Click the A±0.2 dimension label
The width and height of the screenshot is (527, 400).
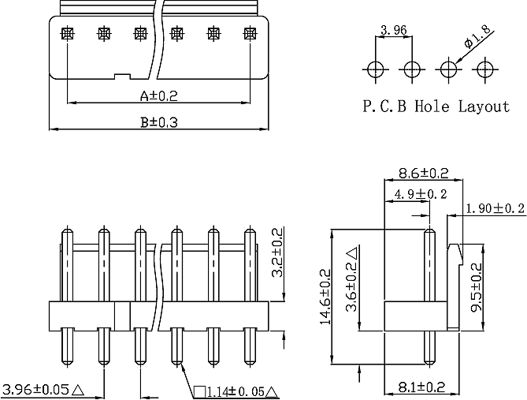[158, 96]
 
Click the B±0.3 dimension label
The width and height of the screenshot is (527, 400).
[158, 121]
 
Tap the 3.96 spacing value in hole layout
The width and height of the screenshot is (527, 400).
[394, 30]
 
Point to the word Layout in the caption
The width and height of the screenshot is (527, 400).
[484, 107]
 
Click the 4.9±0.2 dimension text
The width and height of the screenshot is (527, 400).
[421, 194]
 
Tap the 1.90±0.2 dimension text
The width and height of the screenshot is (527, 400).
[495, 208]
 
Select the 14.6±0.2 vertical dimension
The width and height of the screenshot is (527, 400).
[325, 297]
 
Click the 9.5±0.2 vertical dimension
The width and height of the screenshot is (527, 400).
[477, 288]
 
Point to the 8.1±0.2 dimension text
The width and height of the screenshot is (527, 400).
[421, 387]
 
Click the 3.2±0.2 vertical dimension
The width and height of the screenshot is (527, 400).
[277, 252]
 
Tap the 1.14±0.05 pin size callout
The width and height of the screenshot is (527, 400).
[236, 391]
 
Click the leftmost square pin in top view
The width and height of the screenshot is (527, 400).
[68, 33]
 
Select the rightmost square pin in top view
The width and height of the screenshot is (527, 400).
[250, 33]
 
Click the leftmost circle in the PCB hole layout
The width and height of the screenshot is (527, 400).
[376, 69]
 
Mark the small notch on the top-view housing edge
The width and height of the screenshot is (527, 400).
[122, 77]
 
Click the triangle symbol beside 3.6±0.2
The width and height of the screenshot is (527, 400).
[353, 252]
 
